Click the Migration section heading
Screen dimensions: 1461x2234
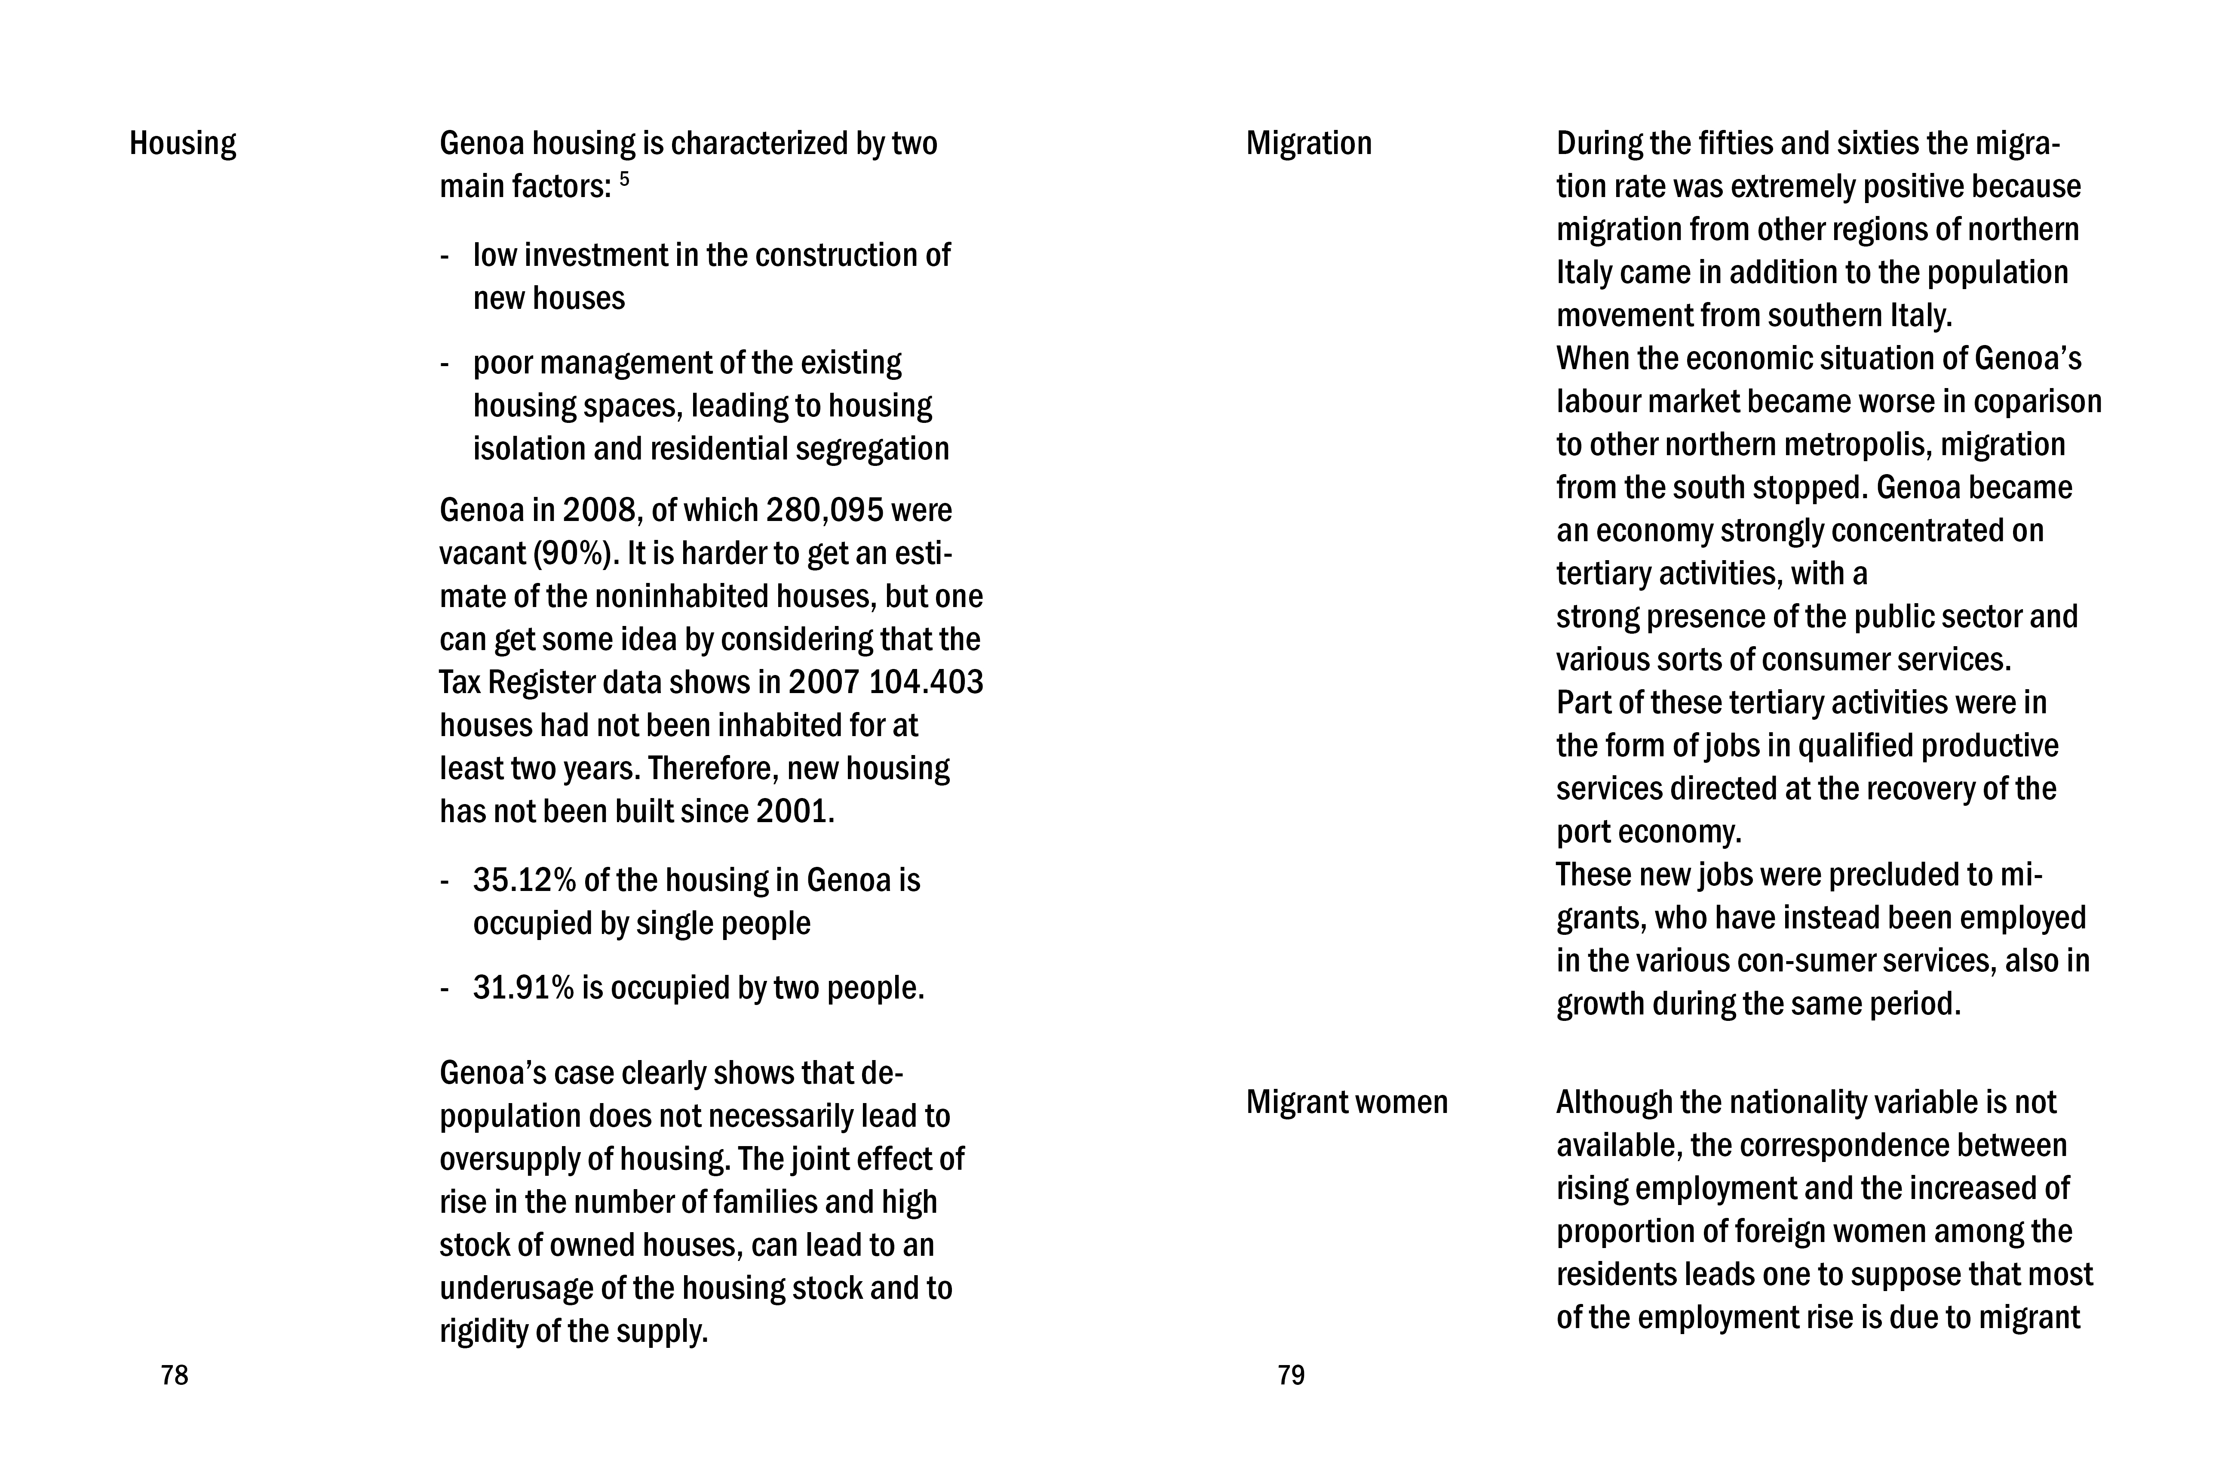pos(1308,144)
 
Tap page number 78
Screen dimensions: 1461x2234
pos(175,1375)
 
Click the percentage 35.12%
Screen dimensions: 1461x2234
pos(524,881)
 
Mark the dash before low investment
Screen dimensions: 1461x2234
pos(445,256)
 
